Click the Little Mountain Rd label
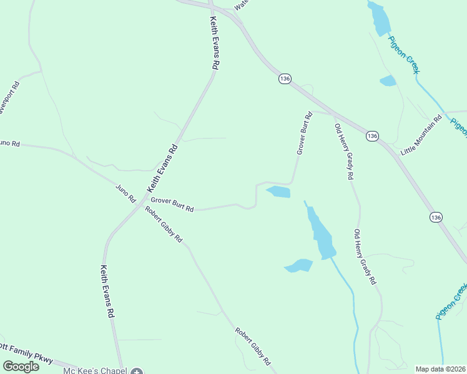(x=421, y=135)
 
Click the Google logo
(x=21, y=367)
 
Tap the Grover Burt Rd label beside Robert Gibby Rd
(x=172, y=204)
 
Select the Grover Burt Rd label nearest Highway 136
(x=304, y=133)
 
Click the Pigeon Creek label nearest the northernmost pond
(x=404, y=55)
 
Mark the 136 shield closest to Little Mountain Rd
(x=372, y=136)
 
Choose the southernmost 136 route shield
(x=436, y=217)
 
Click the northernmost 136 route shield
(x=285, y=79)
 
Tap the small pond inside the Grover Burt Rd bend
(x=279, y=192)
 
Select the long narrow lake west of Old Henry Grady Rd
(x=320, y=233)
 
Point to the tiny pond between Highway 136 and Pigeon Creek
(x=388, y=80)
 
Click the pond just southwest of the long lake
(x=298, y=266)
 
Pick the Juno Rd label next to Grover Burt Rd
(x=125, y=193)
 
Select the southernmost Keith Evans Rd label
(x=107, y=291)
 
